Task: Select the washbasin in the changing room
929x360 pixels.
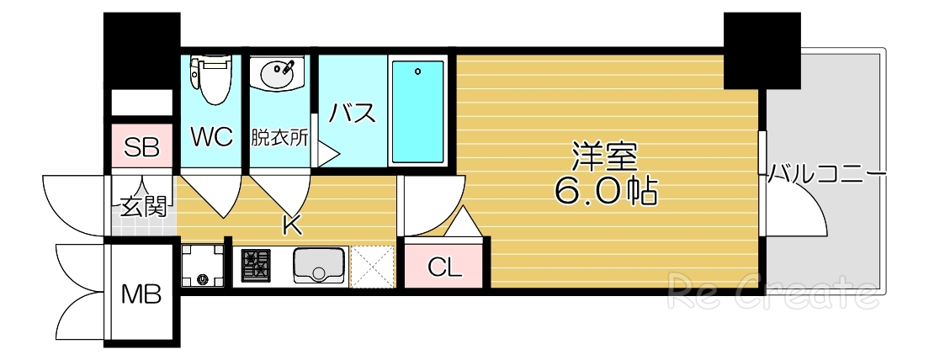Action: [278, 76]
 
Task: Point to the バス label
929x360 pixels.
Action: [352, 114]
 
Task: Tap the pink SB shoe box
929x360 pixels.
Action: [141, 149]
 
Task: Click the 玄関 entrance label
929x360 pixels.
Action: [142, 206]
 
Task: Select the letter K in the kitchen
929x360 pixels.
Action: [292, 225]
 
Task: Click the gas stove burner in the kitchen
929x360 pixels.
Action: [256, 266]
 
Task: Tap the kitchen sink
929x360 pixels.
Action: [319, 266]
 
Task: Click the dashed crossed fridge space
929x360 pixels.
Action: [372, 266]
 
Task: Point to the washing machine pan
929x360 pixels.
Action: [203, 267]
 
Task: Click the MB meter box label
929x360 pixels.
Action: [141, 294]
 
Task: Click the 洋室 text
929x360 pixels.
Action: [605, 158]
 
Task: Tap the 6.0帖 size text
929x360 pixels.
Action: [605, 193]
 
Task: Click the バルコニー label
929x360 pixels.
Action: [827, 175]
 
